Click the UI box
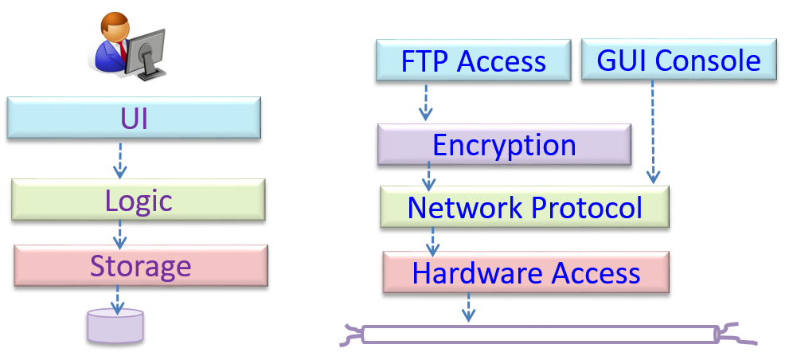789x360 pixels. (x=134, y=118)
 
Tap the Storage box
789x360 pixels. (x=140, y=265)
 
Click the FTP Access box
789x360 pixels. (x=473, y=61)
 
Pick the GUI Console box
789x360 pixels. (x=678, y=60)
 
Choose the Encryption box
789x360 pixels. (x=504, y=145)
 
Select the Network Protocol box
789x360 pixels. (x=524, y=207)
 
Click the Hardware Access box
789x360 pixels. (x=525, y=272)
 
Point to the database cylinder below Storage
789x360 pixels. (x=115, y=327)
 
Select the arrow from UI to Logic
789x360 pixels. (x=119, y=160)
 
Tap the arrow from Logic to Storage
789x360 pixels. (x=119, y=233)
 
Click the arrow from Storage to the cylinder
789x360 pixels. (x=117, y=298)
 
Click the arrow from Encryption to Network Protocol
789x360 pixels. (x=429, y=176)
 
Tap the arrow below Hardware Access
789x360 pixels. (x=468, y=307)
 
